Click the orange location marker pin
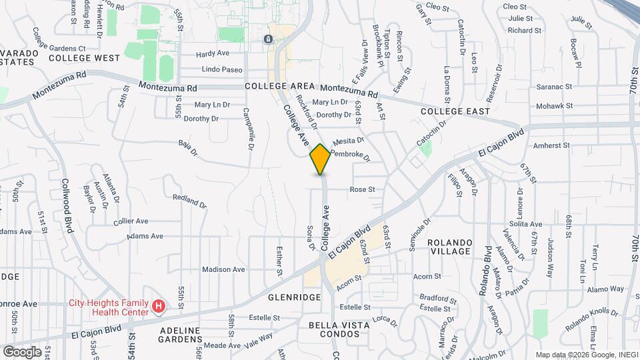(321, 159)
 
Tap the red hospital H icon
(159, 307)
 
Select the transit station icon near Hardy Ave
(268, 39)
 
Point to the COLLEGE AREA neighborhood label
(279, 87)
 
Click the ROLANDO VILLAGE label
(451, 247)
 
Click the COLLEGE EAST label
(455, 111)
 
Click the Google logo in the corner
(22, 351)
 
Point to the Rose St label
(362, 189)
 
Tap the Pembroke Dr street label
(349, 155)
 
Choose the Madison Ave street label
(223, 269)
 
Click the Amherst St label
(551, 145)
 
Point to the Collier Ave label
(131, 221)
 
